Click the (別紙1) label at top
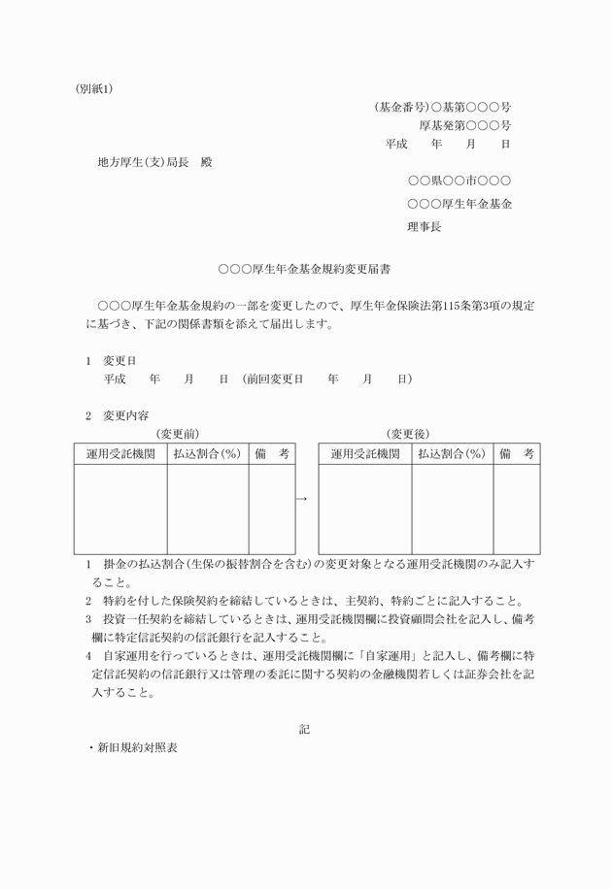[95, 88]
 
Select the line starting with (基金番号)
[443, 107]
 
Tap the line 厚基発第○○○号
[465, 125]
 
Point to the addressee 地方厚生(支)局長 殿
[154, 161]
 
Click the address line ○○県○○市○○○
[459, 181]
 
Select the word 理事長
[424, 226]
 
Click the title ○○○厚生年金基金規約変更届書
[306, 266]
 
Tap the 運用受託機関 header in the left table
[120, 453]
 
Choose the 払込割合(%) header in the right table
[453, 453]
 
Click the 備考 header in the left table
[272, 453]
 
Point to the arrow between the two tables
[301, 499]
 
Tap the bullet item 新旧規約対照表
[136, 748]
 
